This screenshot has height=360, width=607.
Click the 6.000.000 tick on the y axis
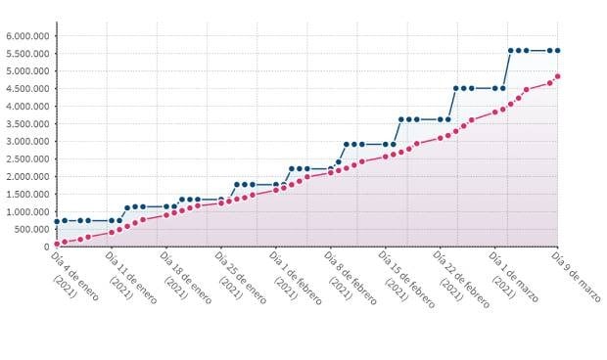pos(27,35)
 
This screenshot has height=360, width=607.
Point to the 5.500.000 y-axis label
pos(27,53)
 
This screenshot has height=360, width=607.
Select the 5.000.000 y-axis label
pos(27,70)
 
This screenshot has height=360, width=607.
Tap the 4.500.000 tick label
pos(27,88)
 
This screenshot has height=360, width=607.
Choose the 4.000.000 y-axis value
pos(27,106)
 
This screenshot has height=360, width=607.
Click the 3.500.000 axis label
pos(27,123)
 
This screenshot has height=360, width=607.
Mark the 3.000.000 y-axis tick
pos(27,141)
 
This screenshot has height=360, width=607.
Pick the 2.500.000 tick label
pos(27,158)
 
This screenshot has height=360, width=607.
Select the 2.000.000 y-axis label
pos(27,176)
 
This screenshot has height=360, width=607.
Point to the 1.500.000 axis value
pos(27,194)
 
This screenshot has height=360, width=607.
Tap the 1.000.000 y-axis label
pos(27,211)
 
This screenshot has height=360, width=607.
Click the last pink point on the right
pos(557,76)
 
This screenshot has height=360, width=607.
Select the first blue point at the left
pos(57,221)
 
